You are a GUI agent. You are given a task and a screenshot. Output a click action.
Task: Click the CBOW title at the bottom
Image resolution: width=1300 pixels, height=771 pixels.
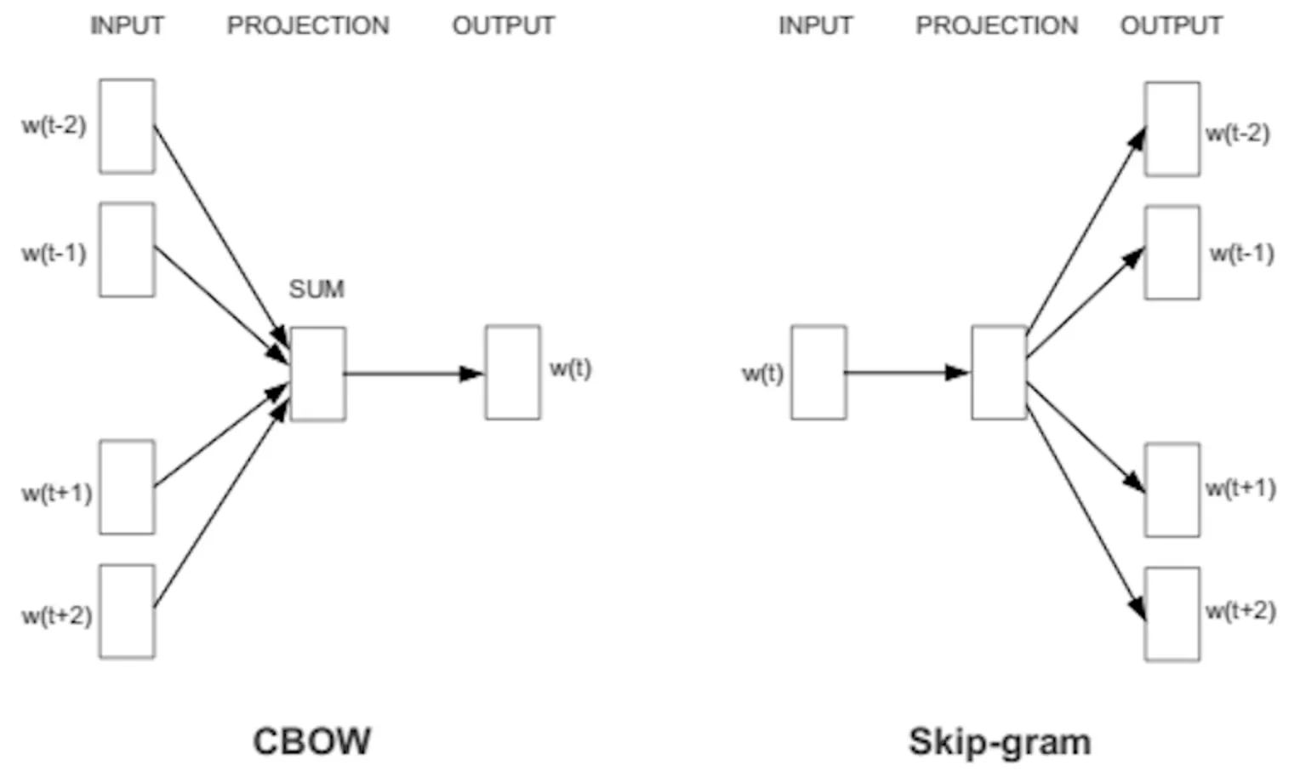tap(311, 741)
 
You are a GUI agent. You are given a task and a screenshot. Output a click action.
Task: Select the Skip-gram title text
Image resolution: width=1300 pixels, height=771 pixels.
tap(1000, 741)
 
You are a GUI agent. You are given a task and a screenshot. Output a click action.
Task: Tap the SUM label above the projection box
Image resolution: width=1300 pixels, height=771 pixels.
tap(316, 289)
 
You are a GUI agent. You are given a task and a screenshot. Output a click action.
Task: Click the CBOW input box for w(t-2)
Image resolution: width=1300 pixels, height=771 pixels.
tap(127, 127)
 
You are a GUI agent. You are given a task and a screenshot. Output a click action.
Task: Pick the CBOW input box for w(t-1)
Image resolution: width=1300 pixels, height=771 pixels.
tap(127, 250)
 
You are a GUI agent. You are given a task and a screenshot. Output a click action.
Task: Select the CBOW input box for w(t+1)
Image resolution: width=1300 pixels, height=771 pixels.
tap(127, 488)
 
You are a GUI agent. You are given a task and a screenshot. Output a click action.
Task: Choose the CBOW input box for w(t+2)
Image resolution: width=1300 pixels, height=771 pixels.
tap(127, 611)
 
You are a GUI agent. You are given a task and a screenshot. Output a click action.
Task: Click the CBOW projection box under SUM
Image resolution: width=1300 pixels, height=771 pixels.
tap(317, 374)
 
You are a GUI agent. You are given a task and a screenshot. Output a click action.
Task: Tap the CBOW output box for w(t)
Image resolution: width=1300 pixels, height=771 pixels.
tap(512, 373)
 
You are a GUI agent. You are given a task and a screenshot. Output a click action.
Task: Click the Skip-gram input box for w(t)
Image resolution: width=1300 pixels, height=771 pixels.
tap(818, 373)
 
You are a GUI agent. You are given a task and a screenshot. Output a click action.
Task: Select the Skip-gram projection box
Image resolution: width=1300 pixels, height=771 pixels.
tap(999, 373)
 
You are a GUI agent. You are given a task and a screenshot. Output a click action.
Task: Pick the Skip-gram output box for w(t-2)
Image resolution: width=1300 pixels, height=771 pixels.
tap(1172, 129)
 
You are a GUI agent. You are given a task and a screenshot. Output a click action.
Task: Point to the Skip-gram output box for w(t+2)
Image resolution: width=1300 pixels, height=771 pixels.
tap(1172, 614)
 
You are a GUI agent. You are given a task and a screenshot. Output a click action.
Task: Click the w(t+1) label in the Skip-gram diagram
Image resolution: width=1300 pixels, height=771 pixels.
tap(1240, 488)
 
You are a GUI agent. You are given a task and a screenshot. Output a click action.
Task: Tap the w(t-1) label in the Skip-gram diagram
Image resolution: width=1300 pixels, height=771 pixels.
tap(1241, 254)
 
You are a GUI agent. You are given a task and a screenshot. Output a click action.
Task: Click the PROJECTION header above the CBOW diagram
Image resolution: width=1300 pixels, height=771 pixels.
tap(308, 26)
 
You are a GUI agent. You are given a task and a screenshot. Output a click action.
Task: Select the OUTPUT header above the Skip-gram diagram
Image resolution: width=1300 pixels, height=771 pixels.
tap(1171, 26)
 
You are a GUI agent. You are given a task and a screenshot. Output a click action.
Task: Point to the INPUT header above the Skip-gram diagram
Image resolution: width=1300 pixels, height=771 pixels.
tap(815, 26)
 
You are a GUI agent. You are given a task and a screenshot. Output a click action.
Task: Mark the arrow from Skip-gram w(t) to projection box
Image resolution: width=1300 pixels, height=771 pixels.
tap(907, 373)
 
